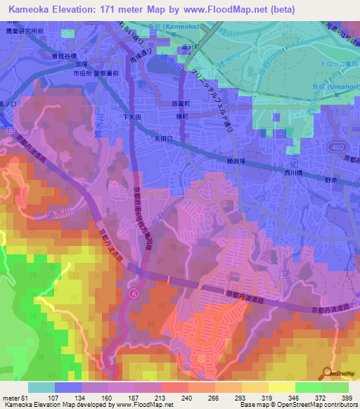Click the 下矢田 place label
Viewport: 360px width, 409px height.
click(134, 117)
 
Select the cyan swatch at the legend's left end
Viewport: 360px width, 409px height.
click(41, 387)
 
